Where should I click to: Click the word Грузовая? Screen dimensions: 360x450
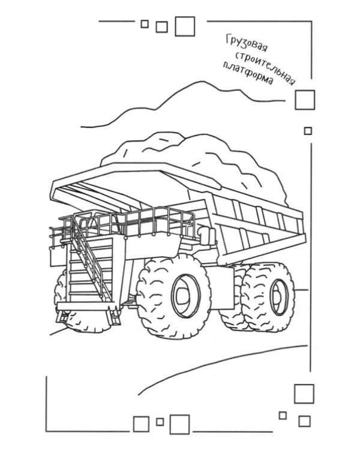(x=247, y=44)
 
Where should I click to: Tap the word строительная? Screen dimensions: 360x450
(x=265, y=68)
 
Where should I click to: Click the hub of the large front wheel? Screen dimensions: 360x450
(x=183, y=295)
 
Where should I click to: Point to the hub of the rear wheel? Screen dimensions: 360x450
(x=278, y=297)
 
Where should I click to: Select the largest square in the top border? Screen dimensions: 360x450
(x=185, y=26)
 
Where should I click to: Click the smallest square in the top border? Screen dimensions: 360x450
(x=145, y=24)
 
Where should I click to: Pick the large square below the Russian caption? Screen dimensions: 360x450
(x=305, y=100)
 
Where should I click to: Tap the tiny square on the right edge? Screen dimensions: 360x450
(x=308, y=131)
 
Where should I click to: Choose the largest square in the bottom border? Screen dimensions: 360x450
(x=179, y=424)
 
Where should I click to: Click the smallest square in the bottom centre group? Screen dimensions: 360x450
(x=160, y=422)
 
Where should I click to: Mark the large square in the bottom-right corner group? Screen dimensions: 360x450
(x=304, y=394)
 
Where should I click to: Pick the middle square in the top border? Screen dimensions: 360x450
(x=161, y=27)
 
